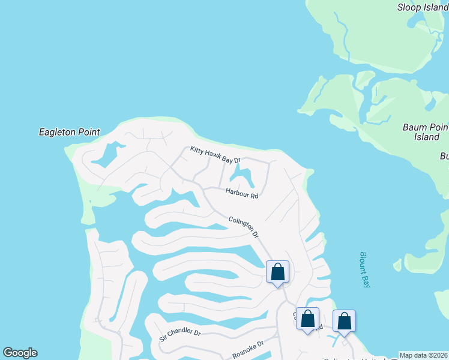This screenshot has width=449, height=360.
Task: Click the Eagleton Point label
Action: [69, 132]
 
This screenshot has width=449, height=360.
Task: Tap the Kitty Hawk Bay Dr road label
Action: [215, 155]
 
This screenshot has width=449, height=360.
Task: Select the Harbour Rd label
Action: [242, 193]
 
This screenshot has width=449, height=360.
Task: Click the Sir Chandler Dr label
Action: [179, 334]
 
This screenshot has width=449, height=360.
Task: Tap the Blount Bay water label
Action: [364, 269]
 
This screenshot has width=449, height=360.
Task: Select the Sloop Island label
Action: [423, 7]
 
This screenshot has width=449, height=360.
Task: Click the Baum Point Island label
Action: [426, 132]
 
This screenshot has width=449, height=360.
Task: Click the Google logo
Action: [20, 353]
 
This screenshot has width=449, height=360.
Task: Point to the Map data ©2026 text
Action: [424, 355]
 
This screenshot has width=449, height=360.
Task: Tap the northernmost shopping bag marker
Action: [277, 272]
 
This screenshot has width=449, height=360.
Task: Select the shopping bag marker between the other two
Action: [307, 320]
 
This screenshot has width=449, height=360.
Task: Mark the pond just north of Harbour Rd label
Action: [243, 176]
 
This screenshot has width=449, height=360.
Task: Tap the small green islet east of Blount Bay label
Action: [397, 264]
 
